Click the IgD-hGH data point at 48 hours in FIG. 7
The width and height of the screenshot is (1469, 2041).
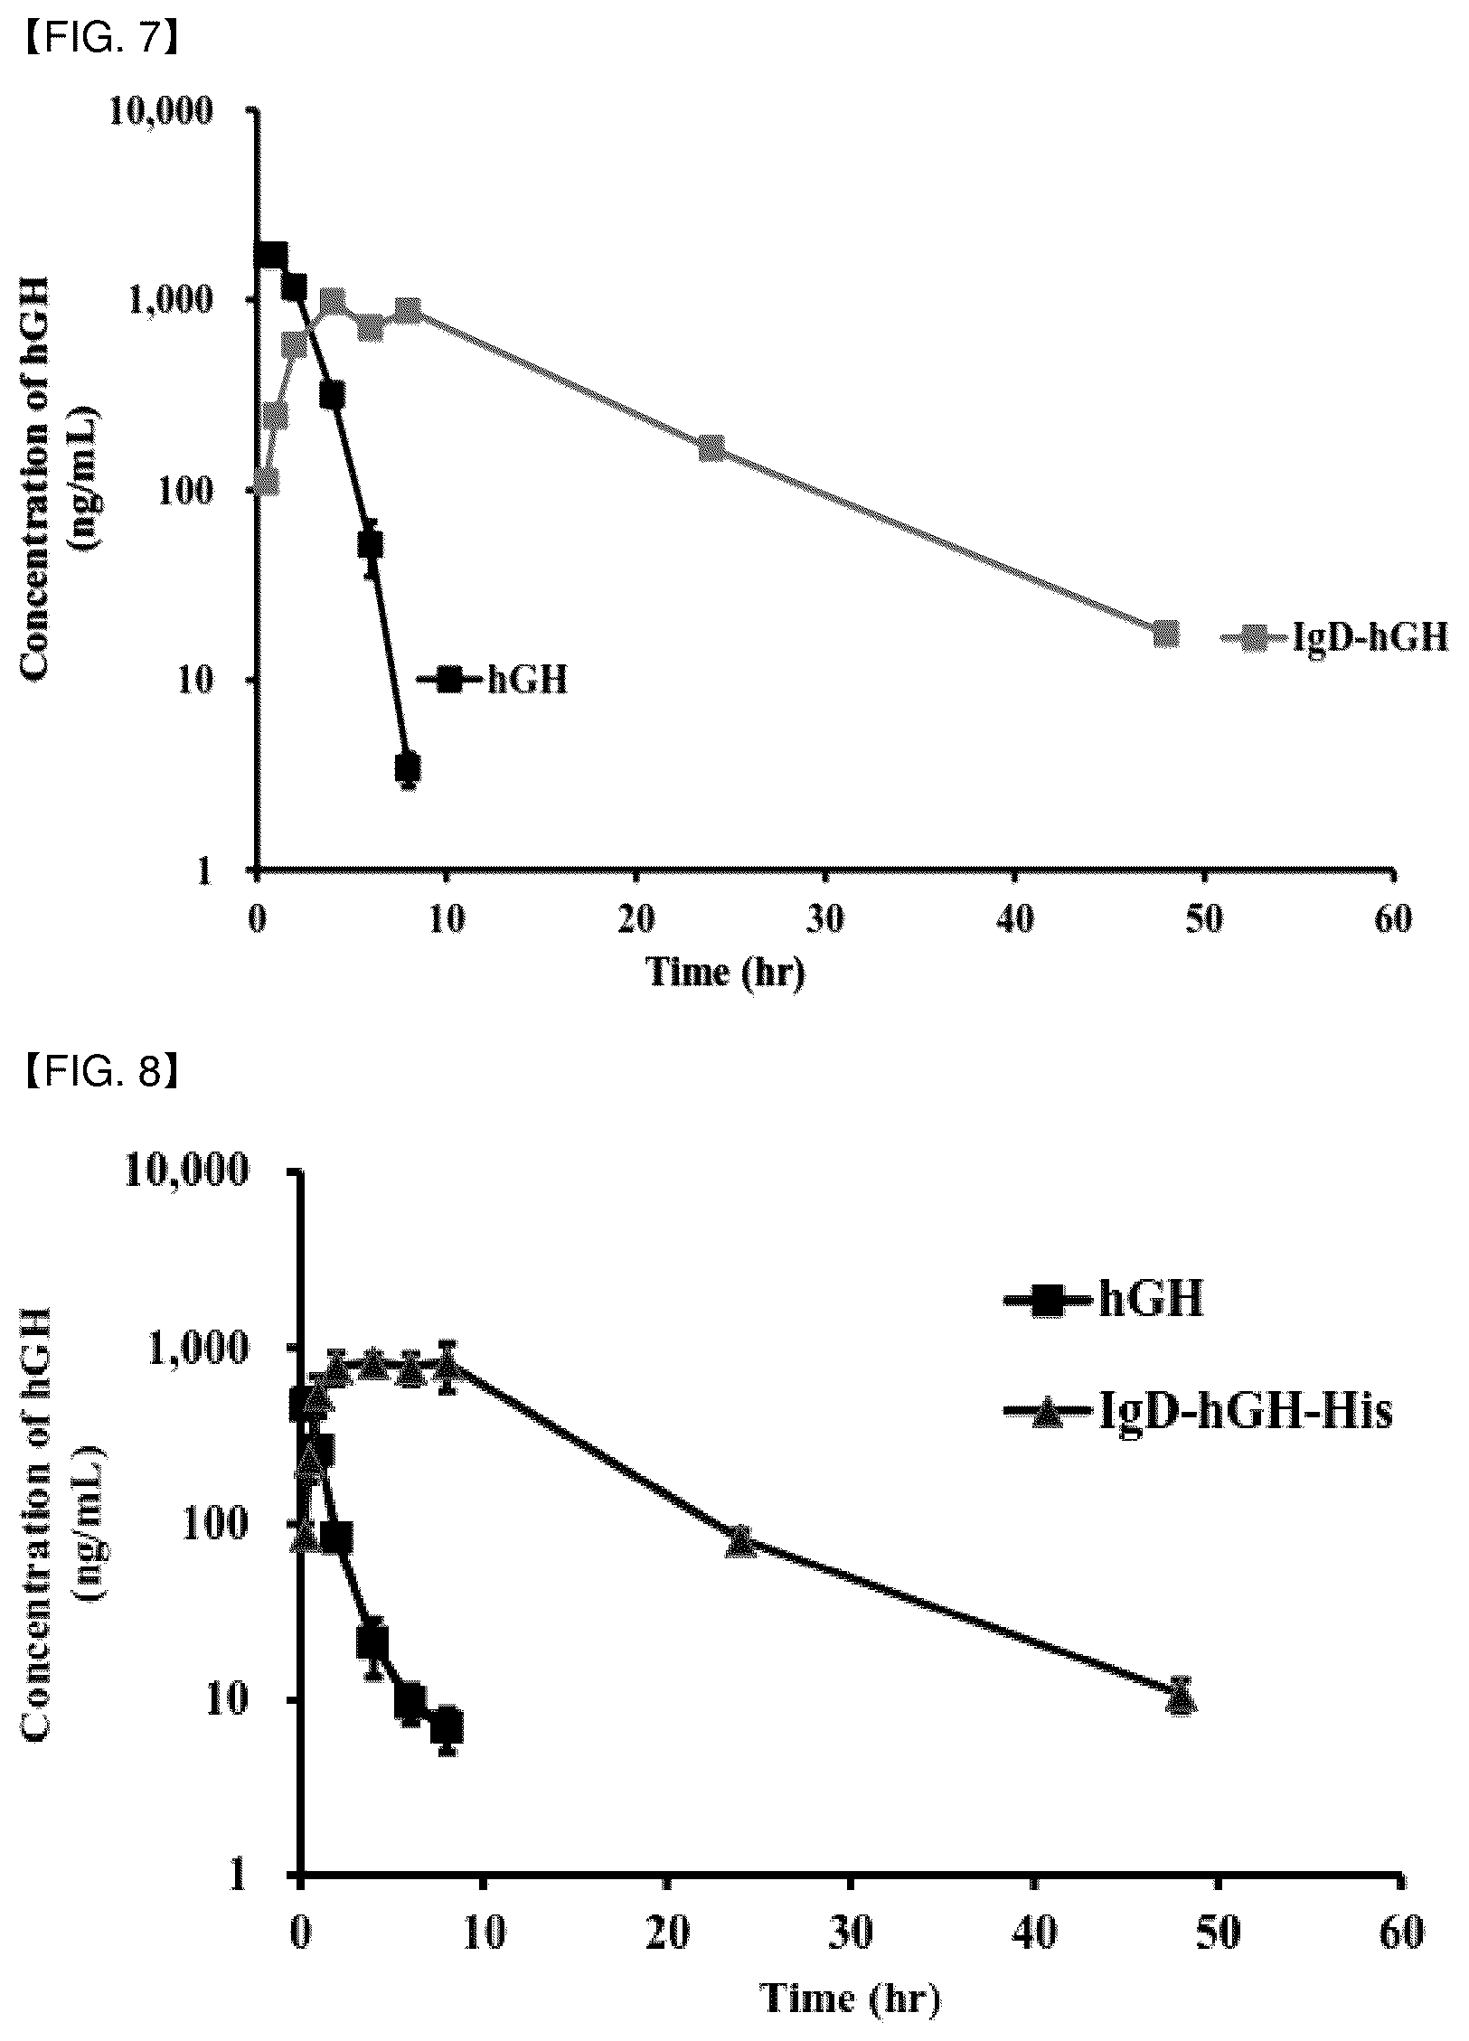point(1166,634)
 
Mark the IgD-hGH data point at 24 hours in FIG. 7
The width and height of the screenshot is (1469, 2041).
point(712,447)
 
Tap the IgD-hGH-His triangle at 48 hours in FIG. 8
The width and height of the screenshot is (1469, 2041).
point(1182,1695)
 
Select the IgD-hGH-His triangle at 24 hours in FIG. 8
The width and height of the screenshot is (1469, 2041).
point(740,1540)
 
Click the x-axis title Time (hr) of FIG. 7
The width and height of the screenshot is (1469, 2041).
point(725,973)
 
